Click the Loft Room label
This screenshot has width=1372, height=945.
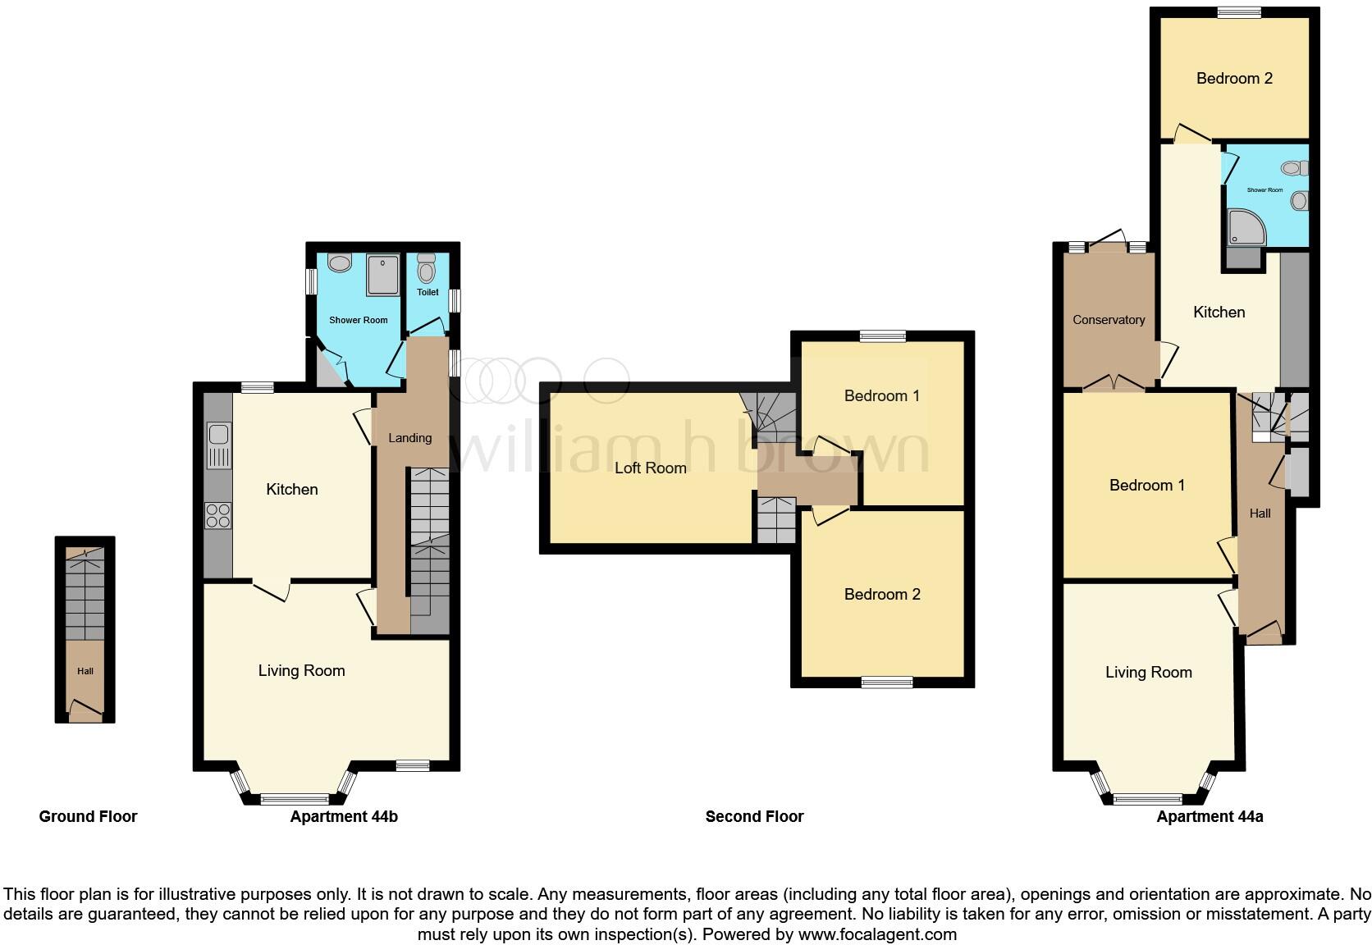pyautogui.click(x=650, y=468)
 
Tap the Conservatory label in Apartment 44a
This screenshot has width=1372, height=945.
pyautogui.click(x=1108, y=320)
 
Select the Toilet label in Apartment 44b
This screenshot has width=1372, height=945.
pyautogui.click(x=428, y=292)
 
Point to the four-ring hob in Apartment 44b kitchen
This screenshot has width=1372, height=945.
pyautogui.click(x=218, y=515)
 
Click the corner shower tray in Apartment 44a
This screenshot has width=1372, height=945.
pyautogui.click(x=1246, y=226)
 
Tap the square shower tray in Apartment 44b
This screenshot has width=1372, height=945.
pyautogui.click(x=382, y=275)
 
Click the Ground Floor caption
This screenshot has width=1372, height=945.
pyautogui.click(x=88, y=816)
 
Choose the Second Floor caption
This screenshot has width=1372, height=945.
pyautogui.click(x=754, y=816)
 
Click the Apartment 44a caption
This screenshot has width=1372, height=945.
pyautogui.click(x=1210, y=816)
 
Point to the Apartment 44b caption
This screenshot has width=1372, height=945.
pyautogui.click(x=344, y=816)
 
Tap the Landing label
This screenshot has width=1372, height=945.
pyautogui.click(x=409, y=438)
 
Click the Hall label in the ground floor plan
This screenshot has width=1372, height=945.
pyautogui.click(x=85, y=671)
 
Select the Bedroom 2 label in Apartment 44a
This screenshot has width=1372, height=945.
pyautogui.click(x=1233, y=79)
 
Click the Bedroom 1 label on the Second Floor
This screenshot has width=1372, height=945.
pyautogui.click(x=881, y=395)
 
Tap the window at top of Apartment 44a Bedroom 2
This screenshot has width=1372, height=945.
pyautogui.click(x=1238, y=11)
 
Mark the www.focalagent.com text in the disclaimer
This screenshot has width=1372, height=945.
pyautogui.click(x=877, y=934)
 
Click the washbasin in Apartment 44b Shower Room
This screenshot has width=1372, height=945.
pyautogui.click(x=339, y=262)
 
